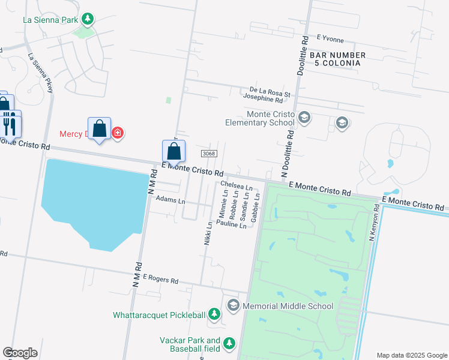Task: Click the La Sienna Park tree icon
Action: tap(88, 19)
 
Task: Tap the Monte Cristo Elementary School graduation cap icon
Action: tap(304, 117)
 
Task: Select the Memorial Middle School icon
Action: tap(233, 306)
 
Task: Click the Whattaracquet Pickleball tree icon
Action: tap(214, 315)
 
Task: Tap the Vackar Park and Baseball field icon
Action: tap(229, 344)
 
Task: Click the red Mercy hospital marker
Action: tap(118, 133)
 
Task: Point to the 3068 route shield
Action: tap(208, 154)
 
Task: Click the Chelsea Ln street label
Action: tap(237, 187)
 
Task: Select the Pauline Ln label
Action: tap(231, 225)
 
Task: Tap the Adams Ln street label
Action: tap(170, 199)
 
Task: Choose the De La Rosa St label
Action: tap(266, 94)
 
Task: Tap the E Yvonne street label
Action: tap(330, 38)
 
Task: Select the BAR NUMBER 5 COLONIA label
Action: tap(336, 59)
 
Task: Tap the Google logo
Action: tap(20, 353)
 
